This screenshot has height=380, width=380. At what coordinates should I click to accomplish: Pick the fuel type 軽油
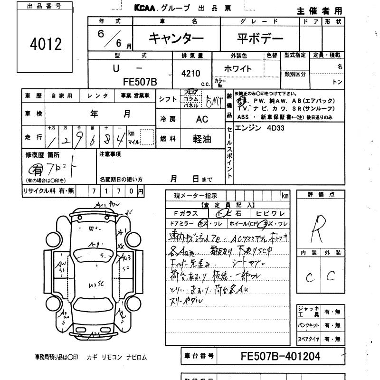coord(202,139)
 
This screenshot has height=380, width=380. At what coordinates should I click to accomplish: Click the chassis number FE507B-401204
coord(280,356)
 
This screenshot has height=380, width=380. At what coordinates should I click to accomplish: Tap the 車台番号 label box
coord(199,355)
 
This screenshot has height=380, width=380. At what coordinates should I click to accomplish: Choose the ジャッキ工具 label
coord(307,312)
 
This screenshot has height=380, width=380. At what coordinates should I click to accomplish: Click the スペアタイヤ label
coord(307,339)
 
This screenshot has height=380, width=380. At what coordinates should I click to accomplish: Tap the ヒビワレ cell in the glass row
coord(270,214)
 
